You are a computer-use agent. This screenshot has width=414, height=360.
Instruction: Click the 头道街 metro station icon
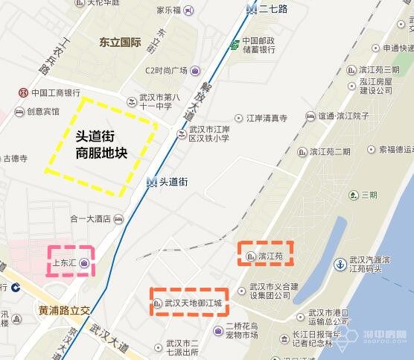[152, 181]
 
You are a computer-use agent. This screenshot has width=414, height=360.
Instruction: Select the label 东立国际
[120, 42]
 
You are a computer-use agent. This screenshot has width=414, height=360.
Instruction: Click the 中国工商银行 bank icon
[23, 92]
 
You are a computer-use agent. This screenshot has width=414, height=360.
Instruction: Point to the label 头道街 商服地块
[101, 145]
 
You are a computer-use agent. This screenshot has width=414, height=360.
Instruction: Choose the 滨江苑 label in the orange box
[270, 256]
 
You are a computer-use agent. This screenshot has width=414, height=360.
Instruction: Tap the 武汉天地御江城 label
[193, 303]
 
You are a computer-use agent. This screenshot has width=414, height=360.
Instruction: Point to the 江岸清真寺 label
[267, 118]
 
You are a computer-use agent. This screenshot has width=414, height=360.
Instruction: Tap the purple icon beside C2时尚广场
[195, 71]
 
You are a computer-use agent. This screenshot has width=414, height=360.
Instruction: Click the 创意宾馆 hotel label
[42, 112]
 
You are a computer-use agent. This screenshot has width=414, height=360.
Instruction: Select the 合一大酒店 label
[90, 218]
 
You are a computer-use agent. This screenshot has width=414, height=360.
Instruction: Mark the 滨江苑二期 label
[330, 151]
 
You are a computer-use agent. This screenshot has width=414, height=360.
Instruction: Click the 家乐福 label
[169, 10]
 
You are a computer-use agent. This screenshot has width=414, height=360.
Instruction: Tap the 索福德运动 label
[395, 149]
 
